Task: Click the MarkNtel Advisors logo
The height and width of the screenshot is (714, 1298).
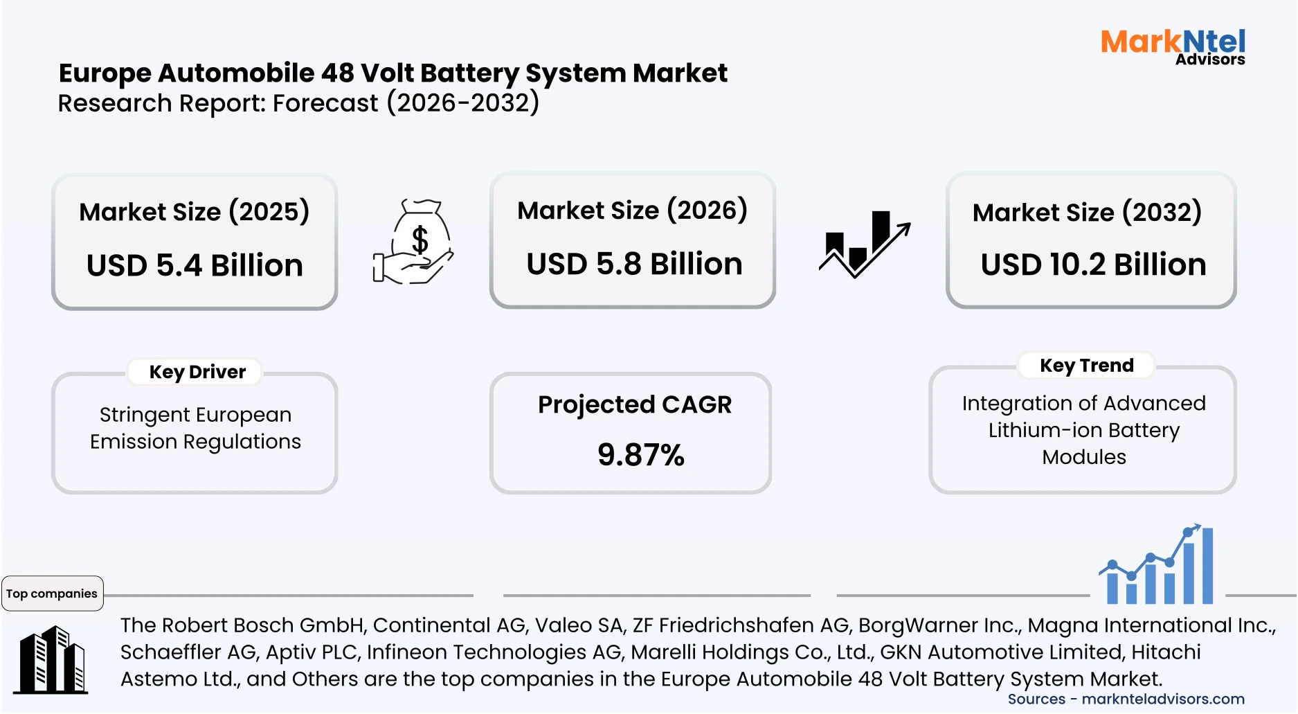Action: coord(1173,47)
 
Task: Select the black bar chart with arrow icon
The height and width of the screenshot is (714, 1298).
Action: coord(865,244)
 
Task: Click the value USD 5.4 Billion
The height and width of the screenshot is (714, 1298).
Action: coord(195,266)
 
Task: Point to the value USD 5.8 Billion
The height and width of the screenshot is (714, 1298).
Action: coord(634,265)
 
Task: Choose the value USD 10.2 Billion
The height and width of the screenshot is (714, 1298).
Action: coord(1093,265)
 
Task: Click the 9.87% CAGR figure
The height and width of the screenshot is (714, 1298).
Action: coord(640,455)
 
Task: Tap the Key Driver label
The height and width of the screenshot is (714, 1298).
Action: coord(197,373)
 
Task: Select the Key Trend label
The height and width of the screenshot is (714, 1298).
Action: coord(1086,366)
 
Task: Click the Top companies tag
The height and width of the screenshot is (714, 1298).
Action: coord(52,593)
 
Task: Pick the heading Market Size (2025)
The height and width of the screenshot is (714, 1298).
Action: coord(194,212)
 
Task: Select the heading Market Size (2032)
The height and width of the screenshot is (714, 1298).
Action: coord(1087,213)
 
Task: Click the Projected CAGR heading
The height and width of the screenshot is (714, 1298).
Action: coord(634,404)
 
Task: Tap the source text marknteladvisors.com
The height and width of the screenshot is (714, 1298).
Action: coord(1163,699)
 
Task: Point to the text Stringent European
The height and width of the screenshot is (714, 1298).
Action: coord(195,415)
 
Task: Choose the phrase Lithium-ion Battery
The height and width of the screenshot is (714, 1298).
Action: coord(1083,431)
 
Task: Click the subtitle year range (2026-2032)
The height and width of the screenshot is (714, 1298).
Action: coord(462,103)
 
